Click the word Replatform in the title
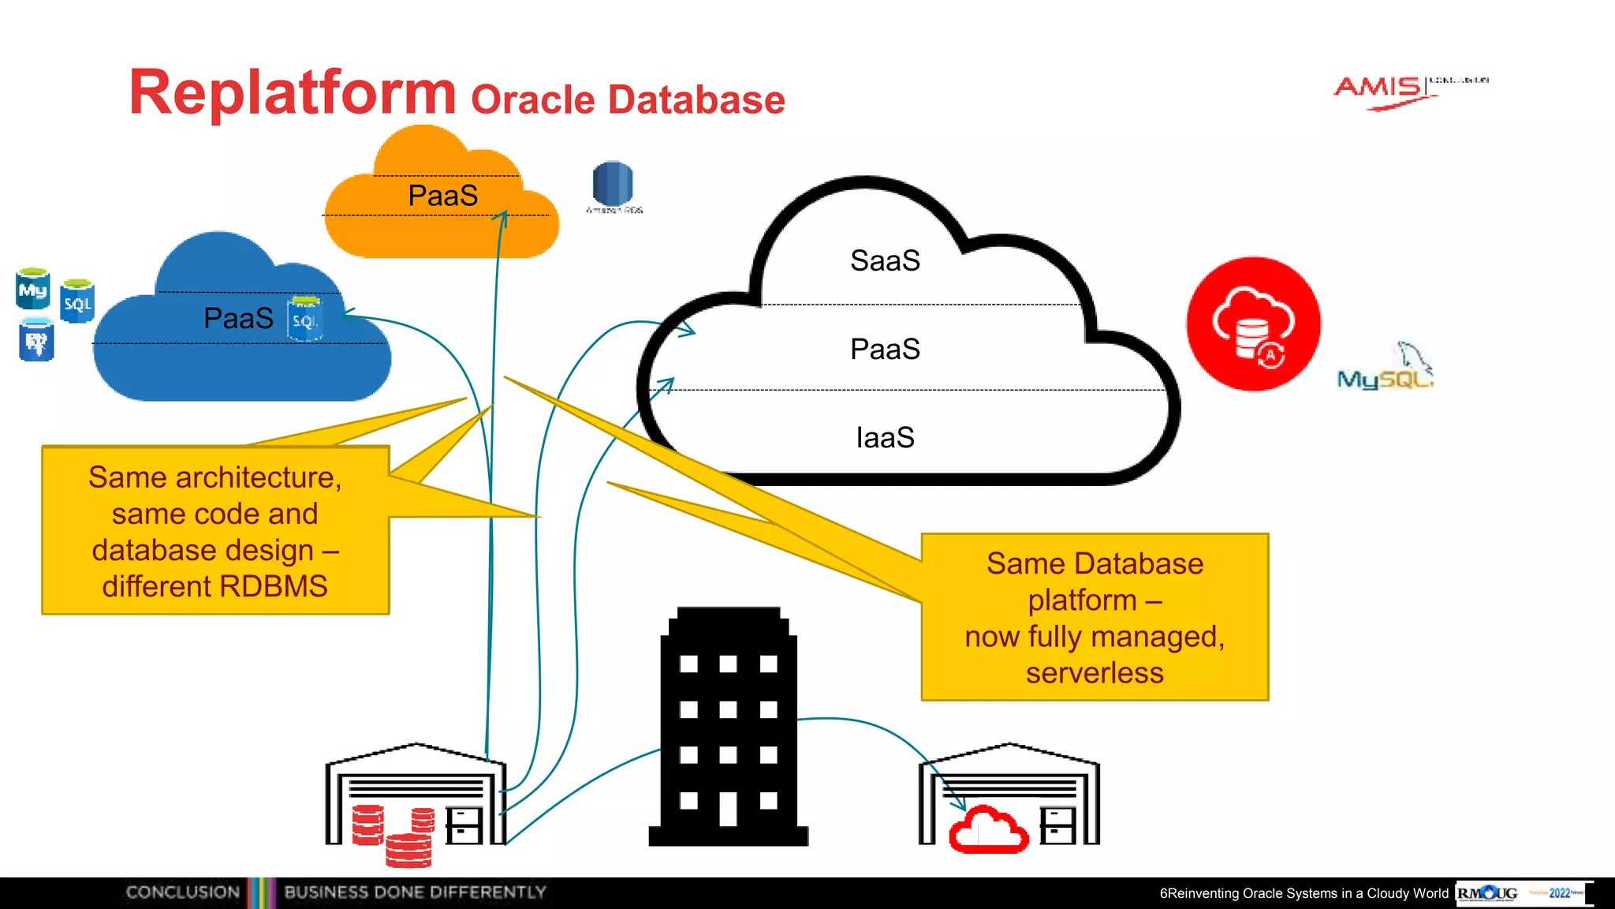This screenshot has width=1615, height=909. pos(292,93)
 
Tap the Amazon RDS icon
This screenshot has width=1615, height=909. pos(613,184)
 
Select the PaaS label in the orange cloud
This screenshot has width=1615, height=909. pos(442,196)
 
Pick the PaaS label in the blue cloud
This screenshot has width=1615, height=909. pos(238,318)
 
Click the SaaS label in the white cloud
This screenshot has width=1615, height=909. pos(885,261)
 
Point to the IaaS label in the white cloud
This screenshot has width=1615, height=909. pos(885,437)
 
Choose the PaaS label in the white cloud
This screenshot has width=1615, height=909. pos(885,349)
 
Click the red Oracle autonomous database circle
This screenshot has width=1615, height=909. pos(1253,324)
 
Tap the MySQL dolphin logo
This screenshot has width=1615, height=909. pos(1386,368)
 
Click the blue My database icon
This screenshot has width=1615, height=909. pos(33,289)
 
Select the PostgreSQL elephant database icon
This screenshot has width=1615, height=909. pos(36,340)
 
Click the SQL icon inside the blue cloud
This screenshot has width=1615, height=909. pos(304,319)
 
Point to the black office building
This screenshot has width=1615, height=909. pos(728,726)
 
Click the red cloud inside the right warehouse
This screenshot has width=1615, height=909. pos(988,830)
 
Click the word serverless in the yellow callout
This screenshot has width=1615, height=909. pos(1095,673)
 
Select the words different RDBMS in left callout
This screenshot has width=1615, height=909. pos(214,586)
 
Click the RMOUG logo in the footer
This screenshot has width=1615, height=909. pos(1487,893)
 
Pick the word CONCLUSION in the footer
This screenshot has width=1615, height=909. pos(182,892)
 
